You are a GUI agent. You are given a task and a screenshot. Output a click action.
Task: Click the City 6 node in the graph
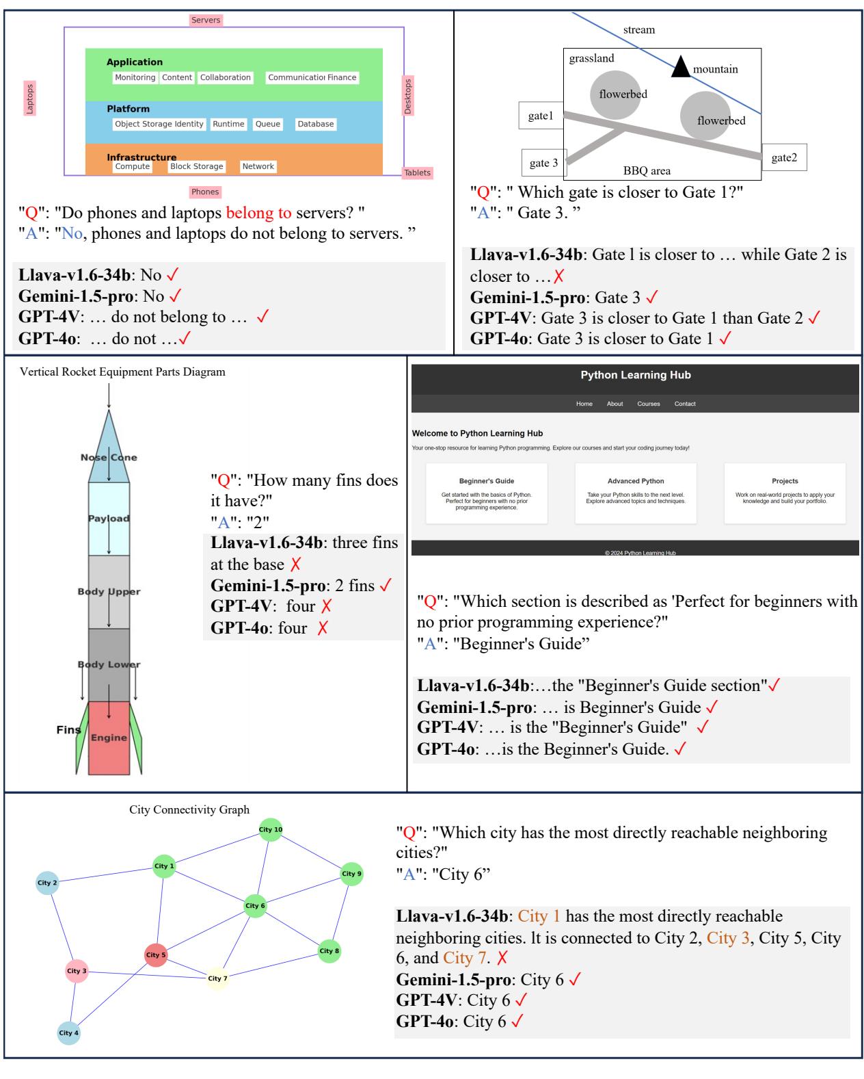(x=255, y=905)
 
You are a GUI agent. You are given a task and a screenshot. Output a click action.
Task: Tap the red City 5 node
(x=156, y=954)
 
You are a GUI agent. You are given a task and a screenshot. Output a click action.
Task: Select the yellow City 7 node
(x=217, y=978)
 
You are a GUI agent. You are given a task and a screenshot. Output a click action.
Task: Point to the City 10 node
(x=271, y=829)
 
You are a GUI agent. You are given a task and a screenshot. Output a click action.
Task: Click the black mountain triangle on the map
(x=680, y=67)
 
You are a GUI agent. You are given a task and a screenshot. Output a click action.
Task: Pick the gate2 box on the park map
(x=784, y=157)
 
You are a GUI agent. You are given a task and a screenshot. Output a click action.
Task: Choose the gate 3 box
(x=544, y=163)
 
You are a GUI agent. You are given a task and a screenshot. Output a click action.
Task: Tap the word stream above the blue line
(x=638, y=29)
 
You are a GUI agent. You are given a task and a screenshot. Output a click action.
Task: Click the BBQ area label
(x=647, y=170)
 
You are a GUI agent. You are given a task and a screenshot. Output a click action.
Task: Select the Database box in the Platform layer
(x=316, y=124)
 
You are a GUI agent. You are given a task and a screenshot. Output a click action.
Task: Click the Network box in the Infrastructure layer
(x=258, y=166)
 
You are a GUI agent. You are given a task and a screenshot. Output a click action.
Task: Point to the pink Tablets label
(x=417, y=173)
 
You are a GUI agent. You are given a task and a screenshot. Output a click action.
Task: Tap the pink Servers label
(x=206, y=21)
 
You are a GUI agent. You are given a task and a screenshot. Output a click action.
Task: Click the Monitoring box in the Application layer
(x=135, y=77)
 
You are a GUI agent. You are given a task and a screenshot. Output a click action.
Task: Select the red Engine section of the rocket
(x=109, y=737)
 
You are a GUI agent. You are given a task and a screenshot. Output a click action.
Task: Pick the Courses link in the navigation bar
(x=649, y=404)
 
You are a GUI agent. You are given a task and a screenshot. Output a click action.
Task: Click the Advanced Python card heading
(x=636, y=481)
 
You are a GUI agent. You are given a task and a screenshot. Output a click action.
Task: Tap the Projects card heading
(x=785, y=481)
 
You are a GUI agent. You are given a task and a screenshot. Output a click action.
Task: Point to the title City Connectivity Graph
(x=189, y=809)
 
